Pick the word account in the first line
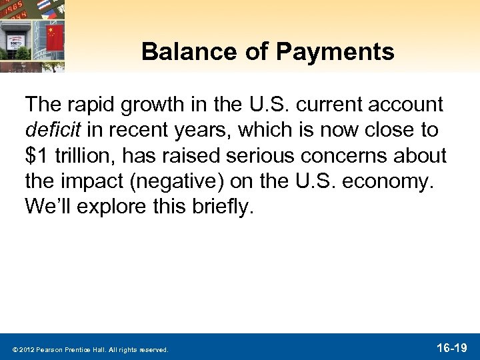[404, 104]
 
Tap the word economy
[399, 180]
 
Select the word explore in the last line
[111, 205]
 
